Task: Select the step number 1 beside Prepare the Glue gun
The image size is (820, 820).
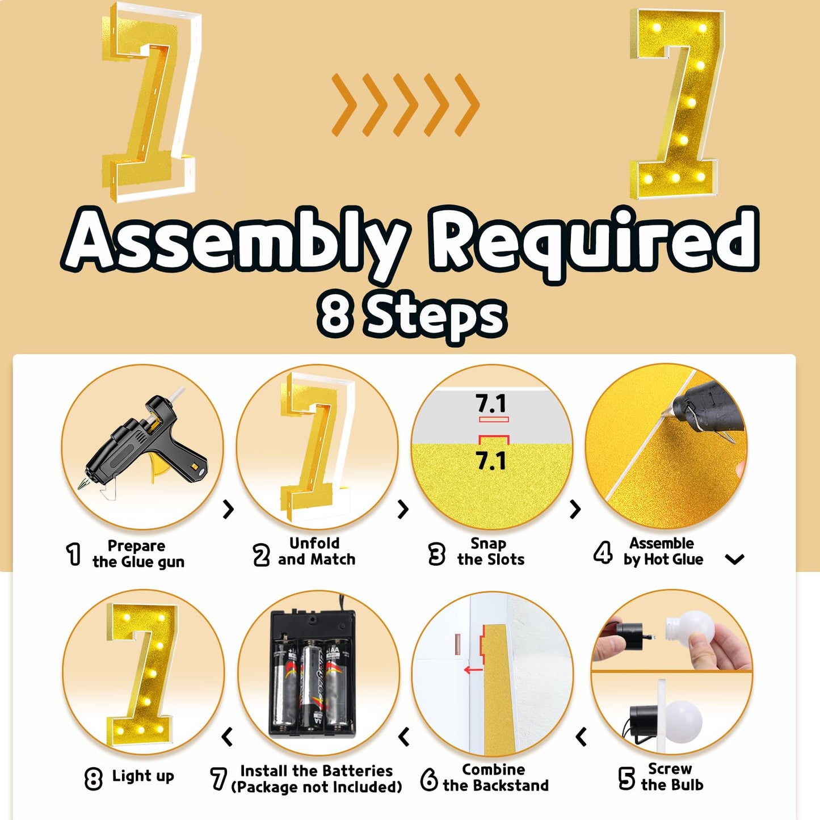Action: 74,554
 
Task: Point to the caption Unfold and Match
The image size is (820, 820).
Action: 316,551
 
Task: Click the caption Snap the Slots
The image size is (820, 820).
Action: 490,551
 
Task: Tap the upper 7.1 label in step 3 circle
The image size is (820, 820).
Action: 491,404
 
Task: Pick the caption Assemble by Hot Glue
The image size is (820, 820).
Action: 663,551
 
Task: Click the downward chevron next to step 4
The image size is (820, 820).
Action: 735,560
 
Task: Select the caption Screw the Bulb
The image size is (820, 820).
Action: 671,777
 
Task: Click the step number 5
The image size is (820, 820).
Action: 626,778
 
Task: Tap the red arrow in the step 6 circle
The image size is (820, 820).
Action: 473,670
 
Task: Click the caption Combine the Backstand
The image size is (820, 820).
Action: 495,777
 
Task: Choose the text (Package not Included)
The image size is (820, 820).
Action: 317,787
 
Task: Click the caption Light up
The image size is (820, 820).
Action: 143,776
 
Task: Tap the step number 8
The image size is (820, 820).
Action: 94,779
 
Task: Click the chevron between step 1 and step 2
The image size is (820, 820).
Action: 229,509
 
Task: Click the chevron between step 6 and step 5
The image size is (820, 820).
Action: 581,737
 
